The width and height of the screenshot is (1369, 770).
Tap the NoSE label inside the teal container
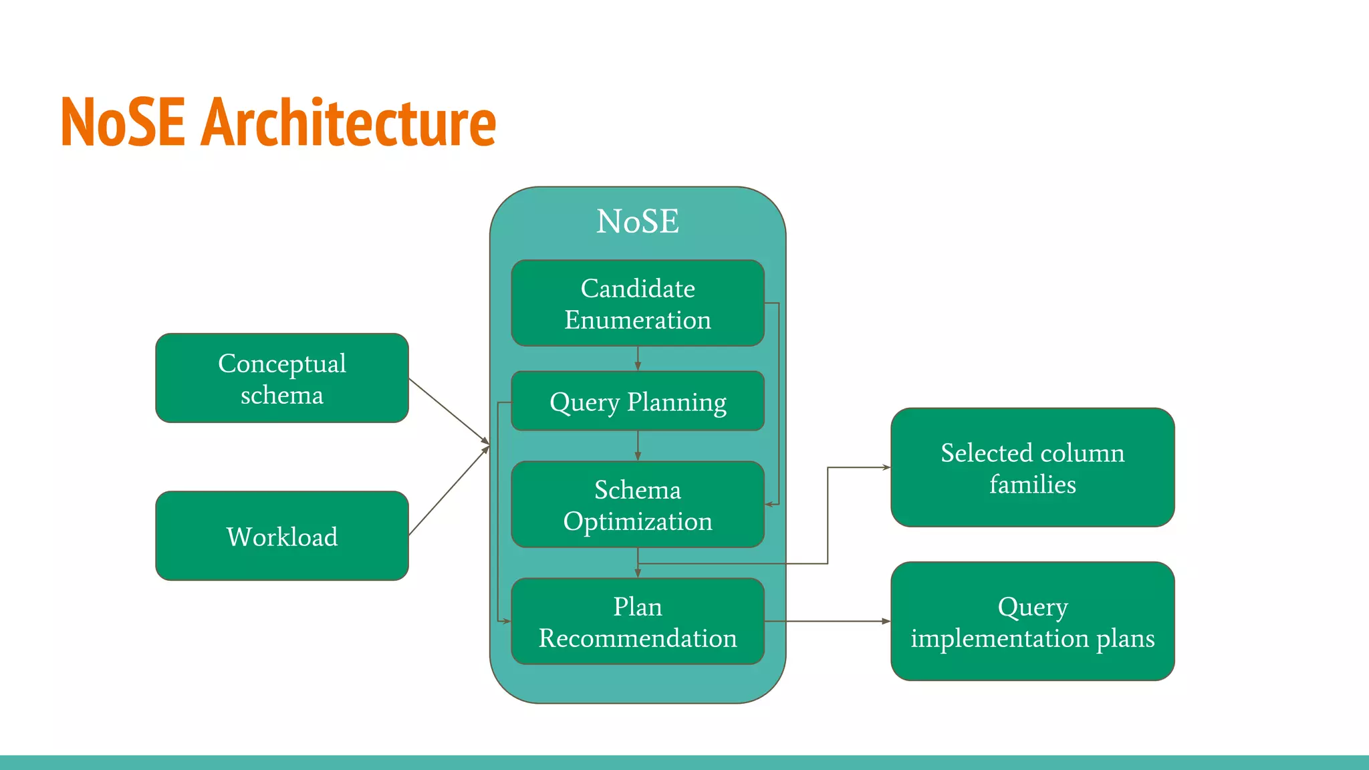click(637, 221)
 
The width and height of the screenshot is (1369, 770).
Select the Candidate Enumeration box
click(637, 303)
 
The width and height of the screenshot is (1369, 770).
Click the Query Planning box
click(637, 401)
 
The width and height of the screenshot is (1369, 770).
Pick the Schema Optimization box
click(637, 505)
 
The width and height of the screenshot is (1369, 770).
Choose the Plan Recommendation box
click(637, 622)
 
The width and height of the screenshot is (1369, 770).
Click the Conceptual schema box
click(281, 378)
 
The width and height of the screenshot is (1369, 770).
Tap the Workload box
click(281, 536)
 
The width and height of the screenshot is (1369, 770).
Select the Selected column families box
click(1032, 468)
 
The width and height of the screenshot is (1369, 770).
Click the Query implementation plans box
click(1032, 622)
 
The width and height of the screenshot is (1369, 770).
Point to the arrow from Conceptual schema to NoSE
click(449, 411)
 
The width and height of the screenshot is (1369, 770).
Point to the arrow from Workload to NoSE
click(449, 491)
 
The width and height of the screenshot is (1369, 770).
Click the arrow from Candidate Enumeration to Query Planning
click(638, 358)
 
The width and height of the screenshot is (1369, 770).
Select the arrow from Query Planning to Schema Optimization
click(638, 445)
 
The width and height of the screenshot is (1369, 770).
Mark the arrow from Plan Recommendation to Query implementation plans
click(829, 622)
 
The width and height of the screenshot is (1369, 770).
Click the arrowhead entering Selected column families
click(886, 467)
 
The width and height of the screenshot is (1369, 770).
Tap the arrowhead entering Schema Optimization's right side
click(769, 504)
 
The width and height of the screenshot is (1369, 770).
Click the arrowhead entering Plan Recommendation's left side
click(506, 621)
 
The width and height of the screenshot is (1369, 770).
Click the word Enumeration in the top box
click(637, 320)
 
